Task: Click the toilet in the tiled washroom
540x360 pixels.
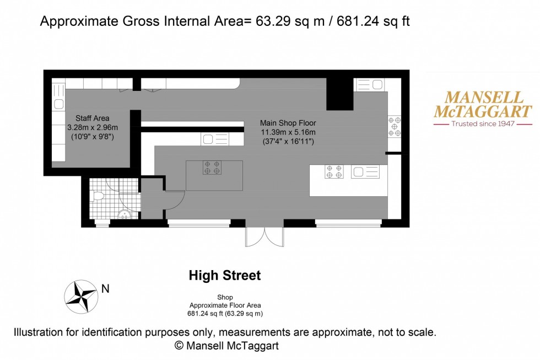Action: [98, 195]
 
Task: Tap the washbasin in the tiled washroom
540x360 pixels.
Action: [125, 214]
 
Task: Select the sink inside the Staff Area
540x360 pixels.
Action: [58, 103]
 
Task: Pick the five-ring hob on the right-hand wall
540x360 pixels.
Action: [395, 126]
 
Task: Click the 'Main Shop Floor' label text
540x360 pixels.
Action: [288, 123]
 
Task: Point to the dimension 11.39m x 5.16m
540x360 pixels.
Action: [288, 132]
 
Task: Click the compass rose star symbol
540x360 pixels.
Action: [81, 296]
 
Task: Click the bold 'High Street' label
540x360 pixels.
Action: [225, 275]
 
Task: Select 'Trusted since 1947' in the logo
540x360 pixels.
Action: [483, 124]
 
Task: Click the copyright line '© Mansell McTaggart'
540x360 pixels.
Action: [226, 346]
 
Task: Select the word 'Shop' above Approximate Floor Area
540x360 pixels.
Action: [225, 297]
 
